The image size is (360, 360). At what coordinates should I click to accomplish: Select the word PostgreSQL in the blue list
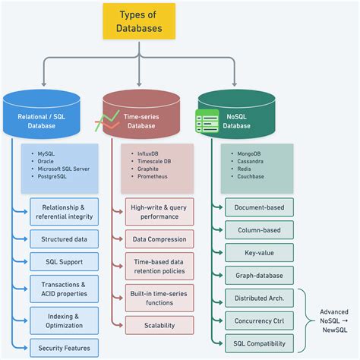[x=56, y=176]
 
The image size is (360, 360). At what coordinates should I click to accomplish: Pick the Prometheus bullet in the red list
[x=153, y=176]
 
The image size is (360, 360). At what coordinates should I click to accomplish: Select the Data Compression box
[x=159, y=238]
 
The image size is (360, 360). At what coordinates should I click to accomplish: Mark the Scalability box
[x=159, y=325]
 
